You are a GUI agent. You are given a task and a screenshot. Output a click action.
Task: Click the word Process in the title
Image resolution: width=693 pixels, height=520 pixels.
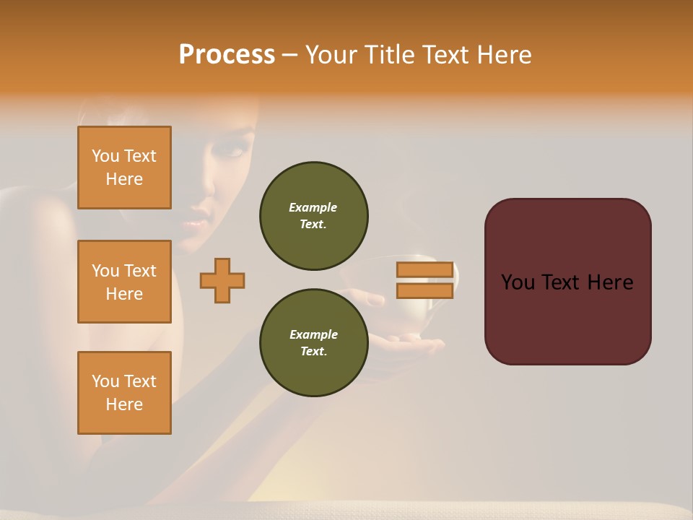point(227,55)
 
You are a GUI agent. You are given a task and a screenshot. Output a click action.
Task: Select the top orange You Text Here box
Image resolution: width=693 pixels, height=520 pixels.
point(124,168)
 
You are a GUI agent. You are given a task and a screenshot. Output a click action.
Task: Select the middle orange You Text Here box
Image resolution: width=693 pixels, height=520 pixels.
point(124,282)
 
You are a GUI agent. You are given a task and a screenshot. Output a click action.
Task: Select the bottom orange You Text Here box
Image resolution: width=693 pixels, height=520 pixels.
point(124,393)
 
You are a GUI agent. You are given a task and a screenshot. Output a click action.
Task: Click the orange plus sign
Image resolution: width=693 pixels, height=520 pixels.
point(222,280)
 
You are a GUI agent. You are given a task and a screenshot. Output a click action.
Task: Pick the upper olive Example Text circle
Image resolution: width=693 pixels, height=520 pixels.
point(314,216)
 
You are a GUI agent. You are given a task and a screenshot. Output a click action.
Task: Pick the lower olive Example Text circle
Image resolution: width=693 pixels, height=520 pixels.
point(314,343)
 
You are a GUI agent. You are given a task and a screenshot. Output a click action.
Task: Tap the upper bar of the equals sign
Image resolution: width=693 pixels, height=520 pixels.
point(424,269)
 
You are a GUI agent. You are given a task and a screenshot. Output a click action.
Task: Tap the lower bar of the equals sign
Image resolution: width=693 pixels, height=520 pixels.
point(424,290)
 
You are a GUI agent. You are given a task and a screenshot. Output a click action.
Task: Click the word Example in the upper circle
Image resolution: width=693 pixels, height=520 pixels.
point(313,207)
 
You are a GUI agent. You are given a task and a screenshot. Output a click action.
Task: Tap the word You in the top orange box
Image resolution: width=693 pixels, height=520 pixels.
point(105,156)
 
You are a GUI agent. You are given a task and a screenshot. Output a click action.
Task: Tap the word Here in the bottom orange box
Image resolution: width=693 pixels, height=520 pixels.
point(124,404)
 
